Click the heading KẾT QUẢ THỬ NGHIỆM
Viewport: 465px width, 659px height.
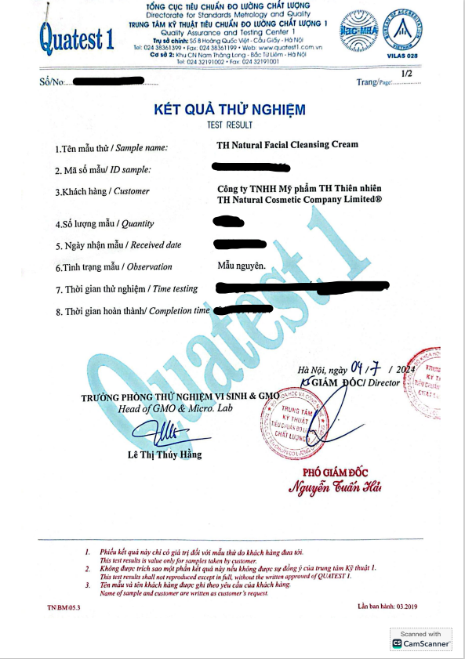229,110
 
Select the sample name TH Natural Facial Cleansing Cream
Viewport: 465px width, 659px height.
287,144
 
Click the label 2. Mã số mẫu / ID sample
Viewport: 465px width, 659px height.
103,170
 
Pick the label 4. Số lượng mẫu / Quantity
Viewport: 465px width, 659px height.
104,223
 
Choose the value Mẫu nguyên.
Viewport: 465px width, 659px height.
242,266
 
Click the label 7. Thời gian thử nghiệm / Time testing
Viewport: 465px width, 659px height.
126,289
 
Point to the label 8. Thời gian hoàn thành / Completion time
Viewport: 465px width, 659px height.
133,311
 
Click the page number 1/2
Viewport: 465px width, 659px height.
406,74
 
